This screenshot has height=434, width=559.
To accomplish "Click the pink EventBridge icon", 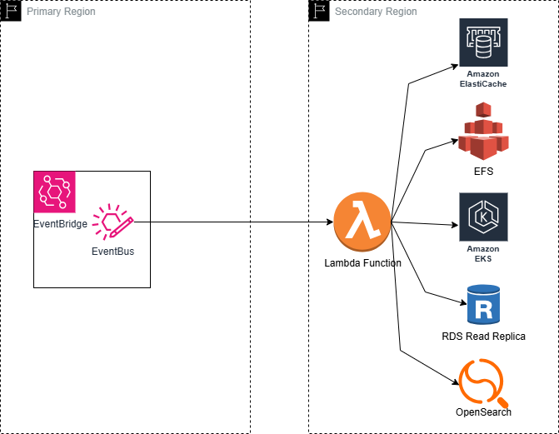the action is pos(54,192).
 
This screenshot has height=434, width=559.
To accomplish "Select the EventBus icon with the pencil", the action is pos(112,222).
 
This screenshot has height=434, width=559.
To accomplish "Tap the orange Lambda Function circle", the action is pos(362,222).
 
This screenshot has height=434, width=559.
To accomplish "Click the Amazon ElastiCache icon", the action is pos(483,42).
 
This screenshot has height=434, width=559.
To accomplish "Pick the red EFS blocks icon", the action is pos(483,132).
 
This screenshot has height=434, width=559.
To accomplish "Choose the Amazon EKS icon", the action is pos(483,217).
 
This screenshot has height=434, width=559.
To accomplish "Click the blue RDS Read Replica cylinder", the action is pos(483,305).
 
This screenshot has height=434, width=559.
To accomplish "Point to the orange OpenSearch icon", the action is pos(483,382).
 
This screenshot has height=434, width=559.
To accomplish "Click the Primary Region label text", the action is pos(61,12).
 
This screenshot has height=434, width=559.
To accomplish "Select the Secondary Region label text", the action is pos(376,12).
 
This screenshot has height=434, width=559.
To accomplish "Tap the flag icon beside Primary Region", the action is pos(11,11).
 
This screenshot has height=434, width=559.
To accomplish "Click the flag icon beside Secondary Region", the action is pos(319,11).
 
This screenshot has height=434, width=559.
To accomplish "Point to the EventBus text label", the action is pos(112,252).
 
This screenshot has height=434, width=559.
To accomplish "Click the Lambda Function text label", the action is pos(362,263).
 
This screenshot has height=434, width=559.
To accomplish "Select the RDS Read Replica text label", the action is pos(483,337).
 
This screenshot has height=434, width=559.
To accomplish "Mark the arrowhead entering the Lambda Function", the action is pos(330,222).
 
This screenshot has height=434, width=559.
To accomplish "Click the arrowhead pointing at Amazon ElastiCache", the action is pos(455,67).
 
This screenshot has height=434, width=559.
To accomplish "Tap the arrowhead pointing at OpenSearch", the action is pos(456,382).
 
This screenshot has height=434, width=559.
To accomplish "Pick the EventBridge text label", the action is pos(60,224).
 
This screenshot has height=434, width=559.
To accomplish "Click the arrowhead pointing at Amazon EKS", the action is pos(455,225).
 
